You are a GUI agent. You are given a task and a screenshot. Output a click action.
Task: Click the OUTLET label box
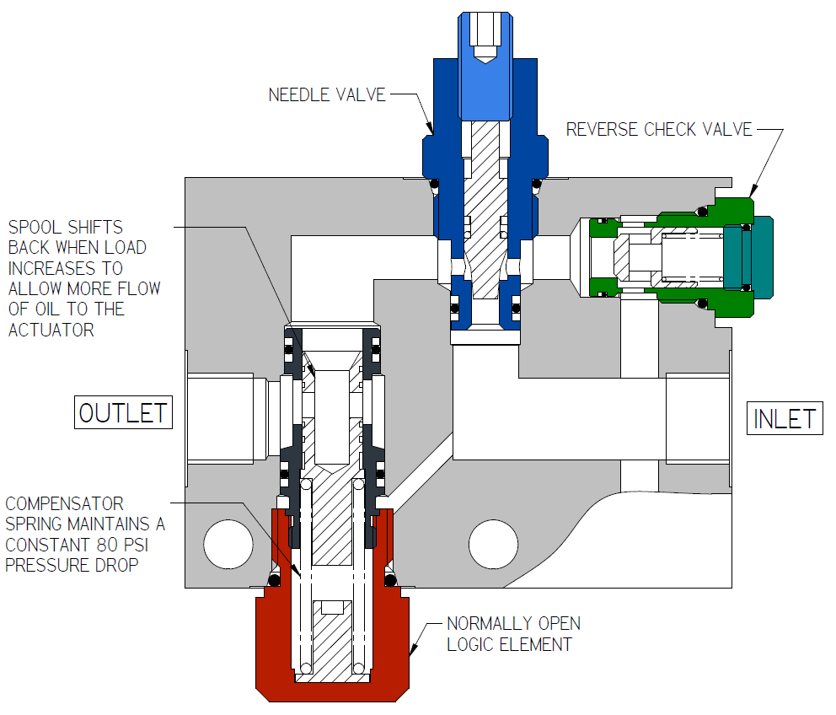pyautogui.click(x=123, y=413)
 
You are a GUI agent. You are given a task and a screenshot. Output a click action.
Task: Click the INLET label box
pyautogui.click(x=784, y=418)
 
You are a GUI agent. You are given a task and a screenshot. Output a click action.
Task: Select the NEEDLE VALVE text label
pyautogui.click(x=327, y=94)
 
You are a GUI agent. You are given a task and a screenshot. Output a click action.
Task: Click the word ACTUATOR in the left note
pyautogui.click(x=53, y=330)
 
